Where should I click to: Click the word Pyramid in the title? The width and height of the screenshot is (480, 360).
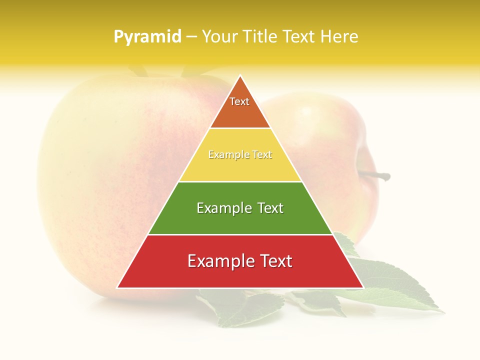(x=147, y=37)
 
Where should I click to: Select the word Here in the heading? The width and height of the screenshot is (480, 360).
(x=339, y=36)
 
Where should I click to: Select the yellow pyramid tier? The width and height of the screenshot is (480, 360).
(x=240, y=167)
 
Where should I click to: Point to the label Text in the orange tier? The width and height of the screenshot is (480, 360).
(x=239, y=101)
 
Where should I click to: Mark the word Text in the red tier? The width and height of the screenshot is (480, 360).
(x=274, y=261)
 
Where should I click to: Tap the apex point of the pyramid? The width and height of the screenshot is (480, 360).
(x=240, y=75)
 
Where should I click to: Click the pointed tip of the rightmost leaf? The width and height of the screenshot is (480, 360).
(x=443, y=312)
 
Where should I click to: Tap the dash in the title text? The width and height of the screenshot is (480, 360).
(x=191, y=37)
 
